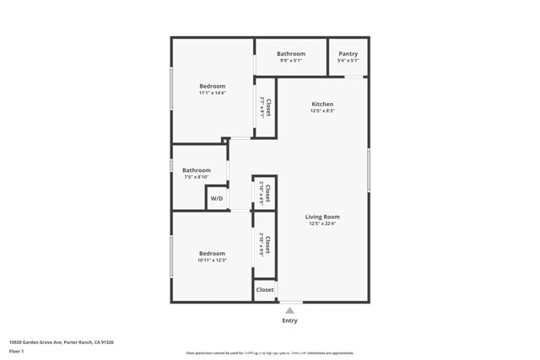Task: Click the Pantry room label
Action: tap(348, 54)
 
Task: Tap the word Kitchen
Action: tap(322, 104)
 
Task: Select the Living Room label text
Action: tap(322, 217)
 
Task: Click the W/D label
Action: tap(217, 199)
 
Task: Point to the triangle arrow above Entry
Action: tap(289, 311)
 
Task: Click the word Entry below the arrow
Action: tap(289, 320)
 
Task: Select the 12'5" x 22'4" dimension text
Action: tap(322, 224)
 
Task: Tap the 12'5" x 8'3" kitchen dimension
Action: tap(322, 111)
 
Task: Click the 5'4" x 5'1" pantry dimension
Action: tap(348, 61)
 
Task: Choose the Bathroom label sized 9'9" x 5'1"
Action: tap(290, 54)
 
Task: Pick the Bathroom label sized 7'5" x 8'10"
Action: tap(196, 170)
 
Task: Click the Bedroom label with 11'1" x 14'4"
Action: tap(212, 86)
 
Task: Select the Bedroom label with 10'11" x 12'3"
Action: tap(212, 253)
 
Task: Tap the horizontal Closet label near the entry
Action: tap(265, 289)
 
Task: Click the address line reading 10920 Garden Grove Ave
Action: tap(62, 342)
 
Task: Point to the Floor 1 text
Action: tap(16, 351)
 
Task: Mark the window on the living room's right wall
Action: tap(369, 169)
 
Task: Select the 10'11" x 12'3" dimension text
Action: tap(212, 261)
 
